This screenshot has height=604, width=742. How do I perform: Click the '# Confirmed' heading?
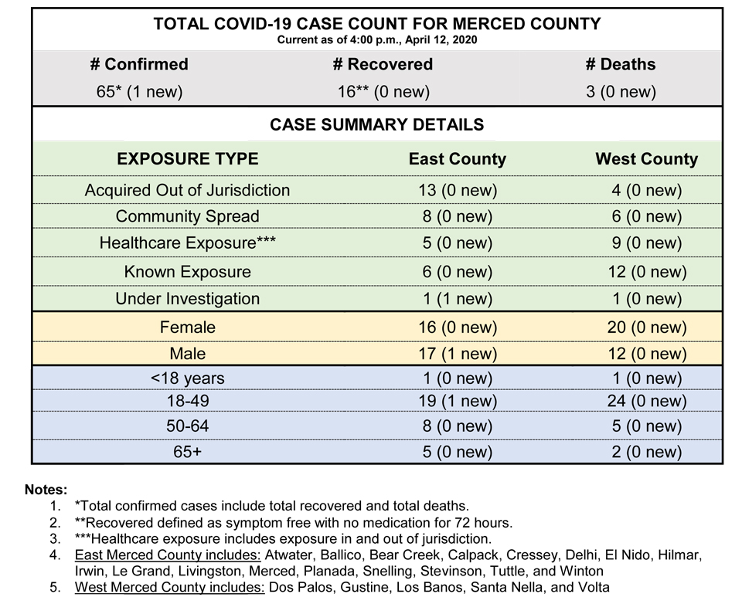[x=139, y=64]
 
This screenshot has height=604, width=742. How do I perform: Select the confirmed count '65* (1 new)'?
[x=140, y=91]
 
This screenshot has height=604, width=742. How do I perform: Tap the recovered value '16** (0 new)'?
[x=383, y=91]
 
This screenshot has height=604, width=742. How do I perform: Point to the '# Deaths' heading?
[x=621, y=64]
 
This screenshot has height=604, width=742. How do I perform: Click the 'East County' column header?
[x=457, y=159]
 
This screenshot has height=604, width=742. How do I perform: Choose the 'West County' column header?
[x=646, y=159]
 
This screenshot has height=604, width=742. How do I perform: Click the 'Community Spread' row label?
[x=187, y=216]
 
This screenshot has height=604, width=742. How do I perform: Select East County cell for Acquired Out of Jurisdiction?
[x=458, y=190]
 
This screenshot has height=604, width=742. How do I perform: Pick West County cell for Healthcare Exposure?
[x=646, y=243]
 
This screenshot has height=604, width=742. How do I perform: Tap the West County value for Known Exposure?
[x=647, y=272]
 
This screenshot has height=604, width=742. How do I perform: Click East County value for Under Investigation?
[x=457, y=299]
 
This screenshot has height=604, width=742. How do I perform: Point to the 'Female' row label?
[x=187, y=327]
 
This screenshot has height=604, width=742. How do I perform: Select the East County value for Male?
[x=458, y=354]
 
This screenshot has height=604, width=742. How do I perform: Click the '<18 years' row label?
[x=187, y=378]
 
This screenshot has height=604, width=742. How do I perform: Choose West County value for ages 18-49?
[x=647, y=401]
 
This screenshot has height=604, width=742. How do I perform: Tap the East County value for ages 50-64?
[x=457, y=426]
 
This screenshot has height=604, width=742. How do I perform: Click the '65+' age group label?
[x=187, y=452]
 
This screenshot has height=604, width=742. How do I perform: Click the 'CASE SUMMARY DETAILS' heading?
[x=376, y=125]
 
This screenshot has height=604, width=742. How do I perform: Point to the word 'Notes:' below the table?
[x=46, y=490]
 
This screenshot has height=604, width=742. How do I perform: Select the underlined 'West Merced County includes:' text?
[x=170, y=588]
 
